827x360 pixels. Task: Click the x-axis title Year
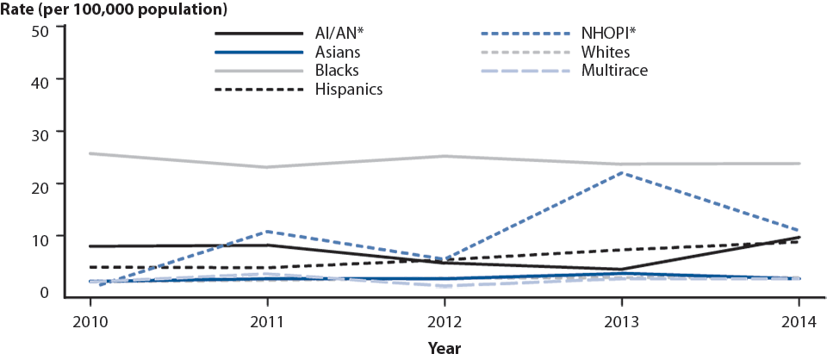tap(445, 349)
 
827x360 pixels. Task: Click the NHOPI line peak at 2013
tap(622, 173)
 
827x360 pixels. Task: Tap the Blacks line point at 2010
tap(90, 153)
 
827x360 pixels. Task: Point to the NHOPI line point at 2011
tap(268, 232)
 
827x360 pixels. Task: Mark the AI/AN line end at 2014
tap(799, 237)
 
